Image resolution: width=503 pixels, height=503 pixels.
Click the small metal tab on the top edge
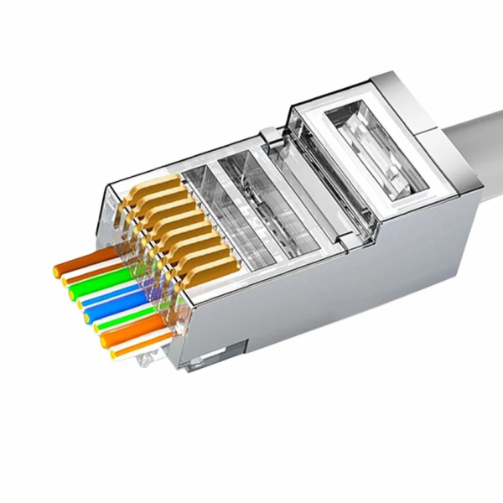pos(267,134)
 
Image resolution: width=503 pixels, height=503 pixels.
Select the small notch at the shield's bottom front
pos(201,363)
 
